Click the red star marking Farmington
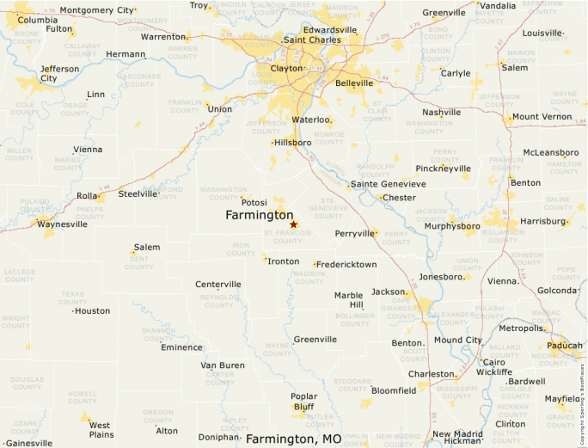click(293, 224)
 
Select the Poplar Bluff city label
click(303, 402)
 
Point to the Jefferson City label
click(60, 73)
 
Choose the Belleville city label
click(354, 83)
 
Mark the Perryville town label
click(355, 233)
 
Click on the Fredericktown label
click(346, 264)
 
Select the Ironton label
click(284, 261)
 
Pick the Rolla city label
click(87, 196)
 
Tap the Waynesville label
click(61, 224)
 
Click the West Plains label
click(100, 430)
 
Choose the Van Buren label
click(223, 365)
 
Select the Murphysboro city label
click(452, 226)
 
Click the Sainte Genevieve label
click(389, 184)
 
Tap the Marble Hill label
click(348, 300)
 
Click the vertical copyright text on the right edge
click(582, 395)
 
